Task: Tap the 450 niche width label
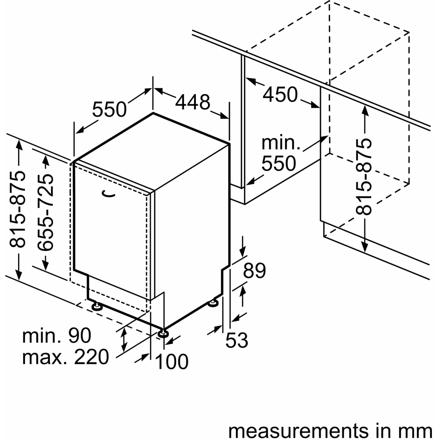[280, 95]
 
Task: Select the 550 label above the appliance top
[110, 110]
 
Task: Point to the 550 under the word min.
[279, 164]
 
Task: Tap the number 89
[254, 271]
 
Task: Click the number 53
[237, 340]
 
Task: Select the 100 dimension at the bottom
[171, 362]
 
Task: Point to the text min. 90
[57, 336]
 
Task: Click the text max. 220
[65, 357]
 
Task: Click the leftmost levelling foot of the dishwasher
[97, 306]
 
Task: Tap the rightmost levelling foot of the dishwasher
[213, 303]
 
